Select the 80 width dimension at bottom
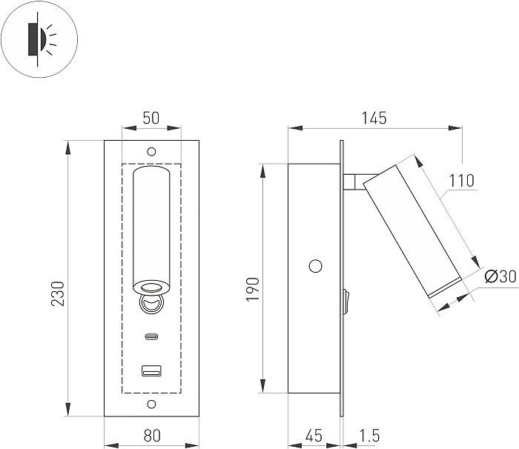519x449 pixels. (x=151, y=435)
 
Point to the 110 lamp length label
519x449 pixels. (x=461, y=180)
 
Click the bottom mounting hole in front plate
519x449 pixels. (x=151, y=404)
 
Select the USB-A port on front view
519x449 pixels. (x=151, y=370)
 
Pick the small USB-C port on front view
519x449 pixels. (x=151, y=337)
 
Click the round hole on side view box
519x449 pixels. (x=315, y=265)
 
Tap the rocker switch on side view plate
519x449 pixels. (x=346, y=300)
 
